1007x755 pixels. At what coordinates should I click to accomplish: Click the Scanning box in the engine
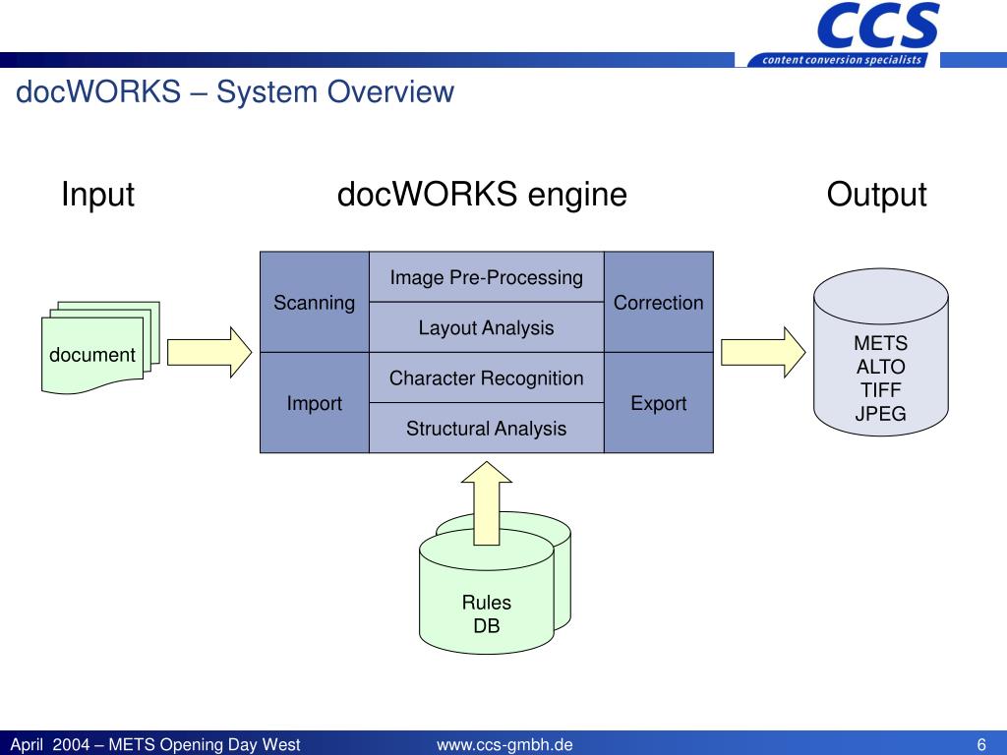[x=315, y=302]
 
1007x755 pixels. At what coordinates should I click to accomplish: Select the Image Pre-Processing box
[x=486, y=276]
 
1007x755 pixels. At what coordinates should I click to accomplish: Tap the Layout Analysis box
[x=486, y=327]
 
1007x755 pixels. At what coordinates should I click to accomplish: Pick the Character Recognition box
[x=486, y=377]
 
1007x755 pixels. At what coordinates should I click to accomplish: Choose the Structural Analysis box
[x=486, y=428]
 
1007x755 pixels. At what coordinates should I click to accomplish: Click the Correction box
[x=659, y=302]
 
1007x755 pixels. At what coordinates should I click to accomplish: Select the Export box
[x=659, y=402]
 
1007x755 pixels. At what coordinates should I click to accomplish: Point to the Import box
[x=315, y=402]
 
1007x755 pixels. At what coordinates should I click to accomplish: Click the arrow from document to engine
[x=209, y=353]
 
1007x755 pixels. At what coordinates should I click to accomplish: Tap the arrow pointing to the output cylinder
[x=763, y=353]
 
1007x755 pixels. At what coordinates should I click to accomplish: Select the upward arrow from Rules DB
[x=486, y=503]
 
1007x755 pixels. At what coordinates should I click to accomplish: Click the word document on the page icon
[x=92, y=354]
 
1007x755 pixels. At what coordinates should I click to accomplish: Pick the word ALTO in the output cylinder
[x=880, y=367]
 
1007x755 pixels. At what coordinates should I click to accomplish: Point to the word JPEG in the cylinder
[x=880, y=414]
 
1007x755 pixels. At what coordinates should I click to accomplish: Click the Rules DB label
[x=486, y=613]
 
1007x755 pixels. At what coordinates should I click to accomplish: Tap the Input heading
[x=97, y=194]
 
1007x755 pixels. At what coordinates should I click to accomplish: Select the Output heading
[x=876, y=194]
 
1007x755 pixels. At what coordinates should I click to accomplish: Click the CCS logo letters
[x=878, y=27]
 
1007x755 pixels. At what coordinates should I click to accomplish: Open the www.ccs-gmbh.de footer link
[x=504, y=745]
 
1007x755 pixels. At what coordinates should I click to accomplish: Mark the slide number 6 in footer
[x=981, y=745]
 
